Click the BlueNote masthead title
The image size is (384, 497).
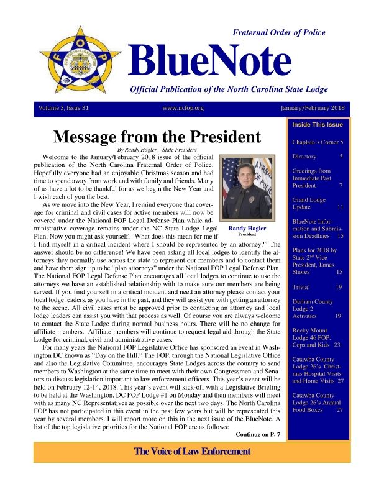tap(210, 61)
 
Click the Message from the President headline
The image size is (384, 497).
tap(157, 137)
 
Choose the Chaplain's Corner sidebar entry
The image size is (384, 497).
tap(318, 142)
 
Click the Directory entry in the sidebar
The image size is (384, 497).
tap(318, 157)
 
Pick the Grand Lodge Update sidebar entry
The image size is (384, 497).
tap(318, 203)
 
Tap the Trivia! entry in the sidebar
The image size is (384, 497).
tap(318, 287)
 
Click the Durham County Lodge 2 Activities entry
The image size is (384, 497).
tap(318, 309)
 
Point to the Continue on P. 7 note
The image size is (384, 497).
tap(260, 434)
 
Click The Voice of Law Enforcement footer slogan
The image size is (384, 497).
tap(192, 451)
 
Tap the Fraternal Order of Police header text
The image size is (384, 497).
tap(278, 32)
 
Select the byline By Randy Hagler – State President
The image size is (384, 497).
tap(157, 150)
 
